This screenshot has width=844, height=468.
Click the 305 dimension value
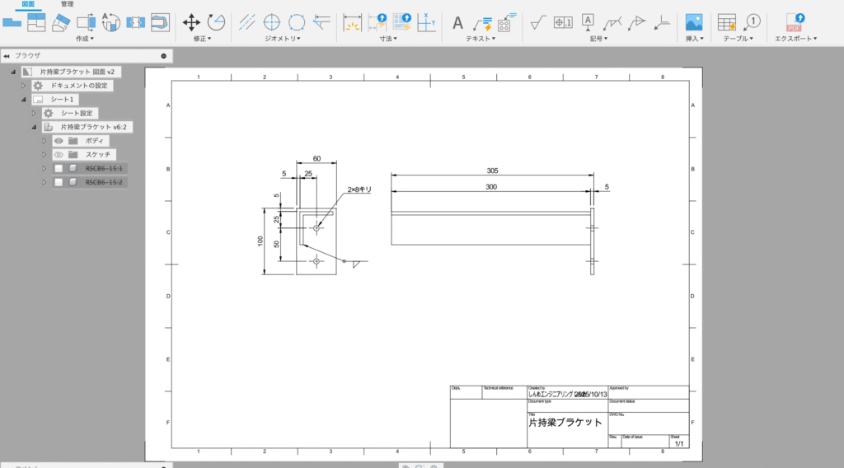point(491,171)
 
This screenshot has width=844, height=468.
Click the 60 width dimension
point(317,158)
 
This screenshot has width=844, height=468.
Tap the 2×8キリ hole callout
point(359,190)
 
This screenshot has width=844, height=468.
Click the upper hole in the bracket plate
point(318,226)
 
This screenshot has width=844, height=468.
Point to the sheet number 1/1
point(679,443)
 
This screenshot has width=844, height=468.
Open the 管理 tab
point(67,4)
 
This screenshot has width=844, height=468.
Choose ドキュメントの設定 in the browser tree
point(77,86)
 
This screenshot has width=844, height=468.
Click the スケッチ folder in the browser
point(100,154)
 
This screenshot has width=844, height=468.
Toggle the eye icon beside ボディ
point(59,141)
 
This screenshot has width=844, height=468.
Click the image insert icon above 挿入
point(694,22)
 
